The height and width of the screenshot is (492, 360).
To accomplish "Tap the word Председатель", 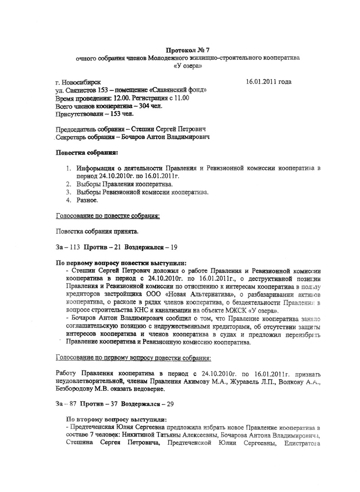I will point(76,129).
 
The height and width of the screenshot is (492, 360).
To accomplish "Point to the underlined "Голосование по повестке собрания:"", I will point(108,216).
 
